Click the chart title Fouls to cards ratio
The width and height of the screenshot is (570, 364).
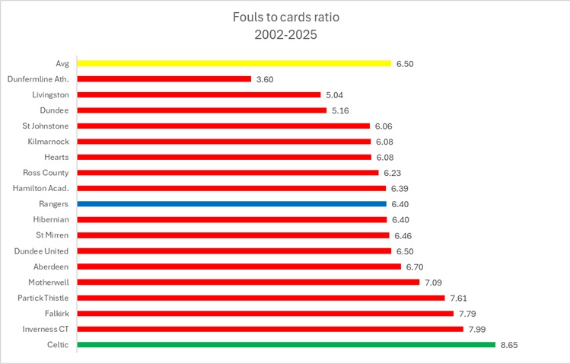(x=284, y=17)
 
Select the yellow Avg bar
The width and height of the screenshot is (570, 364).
(x=234, y=63)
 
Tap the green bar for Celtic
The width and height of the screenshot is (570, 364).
(x=286, y=344)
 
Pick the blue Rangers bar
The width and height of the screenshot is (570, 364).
(x=231, y=204)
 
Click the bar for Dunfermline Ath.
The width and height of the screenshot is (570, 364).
(x=164, y=79)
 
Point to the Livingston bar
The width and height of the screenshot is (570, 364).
(x=199, y=94)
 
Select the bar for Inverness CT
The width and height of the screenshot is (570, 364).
(x=270, y=329)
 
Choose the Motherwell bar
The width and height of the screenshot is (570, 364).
(x=248, y=282)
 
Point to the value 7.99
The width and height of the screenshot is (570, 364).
(x=479, y=329)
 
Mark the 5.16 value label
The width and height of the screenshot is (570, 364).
(x=342, y=110)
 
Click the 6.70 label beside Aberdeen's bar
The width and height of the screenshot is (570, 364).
(x=416, y=267)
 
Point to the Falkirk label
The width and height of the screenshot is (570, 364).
(x=55, y=313)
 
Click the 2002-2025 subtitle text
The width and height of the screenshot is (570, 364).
(x=284, y=35)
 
